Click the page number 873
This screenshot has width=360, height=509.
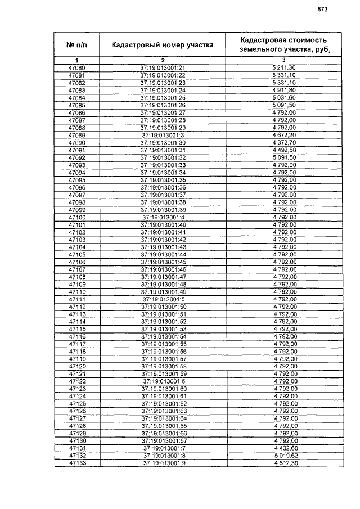[x=322, y=9]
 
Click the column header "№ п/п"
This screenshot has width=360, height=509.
[x=77, y=44]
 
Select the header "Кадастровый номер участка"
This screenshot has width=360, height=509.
[x=163, y=45]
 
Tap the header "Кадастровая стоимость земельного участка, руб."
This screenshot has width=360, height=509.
[x=283, y=44]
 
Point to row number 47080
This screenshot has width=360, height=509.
[x=77, y=67]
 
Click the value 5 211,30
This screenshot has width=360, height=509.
[x=283, y=67]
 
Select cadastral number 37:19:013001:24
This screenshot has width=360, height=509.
[x=163, y=90]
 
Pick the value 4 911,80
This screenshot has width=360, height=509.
[x=283, y=90]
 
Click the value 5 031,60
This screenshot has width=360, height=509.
[x=283, y=97]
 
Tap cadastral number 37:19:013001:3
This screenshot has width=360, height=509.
[x=163, y=135]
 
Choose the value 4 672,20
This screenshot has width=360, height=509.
[x=283, y=135]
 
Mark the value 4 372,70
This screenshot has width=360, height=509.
[x=283, y=142]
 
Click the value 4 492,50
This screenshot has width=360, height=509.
[x=283, y=150]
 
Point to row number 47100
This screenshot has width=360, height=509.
[x=77, y=217]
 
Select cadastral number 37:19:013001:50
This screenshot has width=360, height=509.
[x=163, y=307]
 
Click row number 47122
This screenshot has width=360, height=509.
[x=77, y=381]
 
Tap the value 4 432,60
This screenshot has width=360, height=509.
[x=283, y=448]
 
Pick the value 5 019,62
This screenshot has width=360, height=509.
[x=283, y=455]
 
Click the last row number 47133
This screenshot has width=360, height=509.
[x=77, y=462]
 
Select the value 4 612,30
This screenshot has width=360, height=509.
[x=283, y=462]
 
